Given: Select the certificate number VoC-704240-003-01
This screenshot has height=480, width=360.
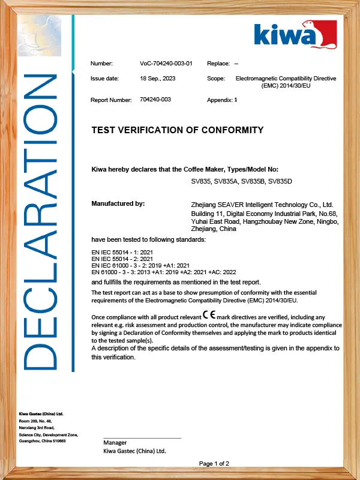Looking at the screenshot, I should [166, 64].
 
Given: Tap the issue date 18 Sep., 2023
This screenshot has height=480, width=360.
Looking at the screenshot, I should [158, 79].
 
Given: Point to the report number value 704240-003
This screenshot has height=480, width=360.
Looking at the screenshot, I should [155, 100].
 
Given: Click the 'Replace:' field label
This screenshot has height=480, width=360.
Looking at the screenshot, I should [218, 64].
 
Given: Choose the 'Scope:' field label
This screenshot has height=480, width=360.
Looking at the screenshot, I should [216, 79].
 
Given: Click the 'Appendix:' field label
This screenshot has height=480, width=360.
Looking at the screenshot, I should [220, 100].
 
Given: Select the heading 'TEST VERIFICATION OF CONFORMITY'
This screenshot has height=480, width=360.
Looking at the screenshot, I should [177, 130].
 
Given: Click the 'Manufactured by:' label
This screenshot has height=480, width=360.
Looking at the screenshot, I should [118, 204].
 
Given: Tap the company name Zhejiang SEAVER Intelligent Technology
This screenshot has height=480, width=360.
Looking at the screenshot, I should [262, 205].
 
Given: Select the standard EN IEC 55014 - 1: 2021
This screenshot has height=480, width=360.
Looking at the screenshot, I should [122, 252].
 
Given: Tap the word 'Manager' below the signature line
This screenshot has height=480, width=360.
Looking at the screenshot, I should [115, 443].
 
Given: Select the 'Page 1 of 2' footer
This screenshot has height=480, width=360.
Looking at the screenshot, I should [214, 463].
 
